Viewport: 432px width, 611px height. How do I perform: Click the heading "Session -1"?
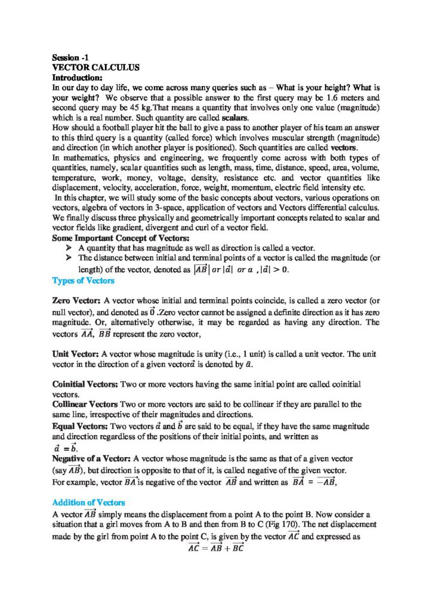(70, 58)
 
